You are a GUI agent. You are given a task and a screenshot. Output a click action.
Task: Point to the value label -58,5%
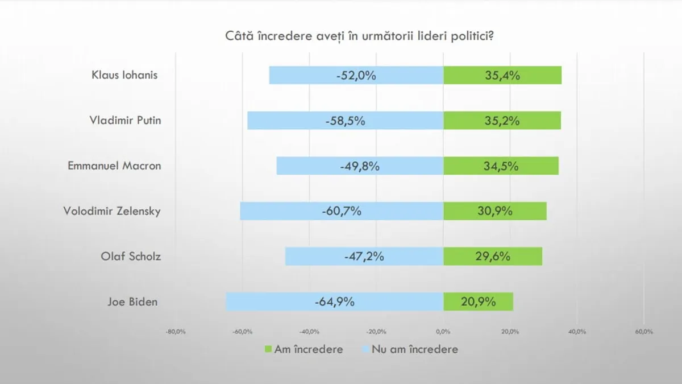pyautogui.click(x=345, y=121)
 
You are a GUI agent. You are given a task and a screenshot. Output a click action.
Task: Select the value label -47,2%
pyautogui.click(x=364, y=256)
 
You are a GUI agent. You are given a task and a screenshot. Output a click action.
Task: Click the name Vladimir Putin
pyautogui.click(x=125, y=121)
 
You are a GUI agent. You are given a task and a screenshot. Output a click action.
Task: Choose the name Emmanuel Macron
pyautogui.click(x=114, y=166)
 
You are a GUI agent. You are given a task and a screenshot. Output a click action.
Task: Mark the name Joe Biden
pyautogui.click(x=132, y=302)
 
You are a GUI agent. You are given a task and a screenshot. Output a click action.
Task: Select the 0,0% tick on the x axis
pyautogui.click(x=443, y=332)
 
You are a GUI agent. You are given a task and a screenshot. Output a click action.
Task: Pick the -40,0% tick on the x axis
pyautogui.click(x=309, y=332)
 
